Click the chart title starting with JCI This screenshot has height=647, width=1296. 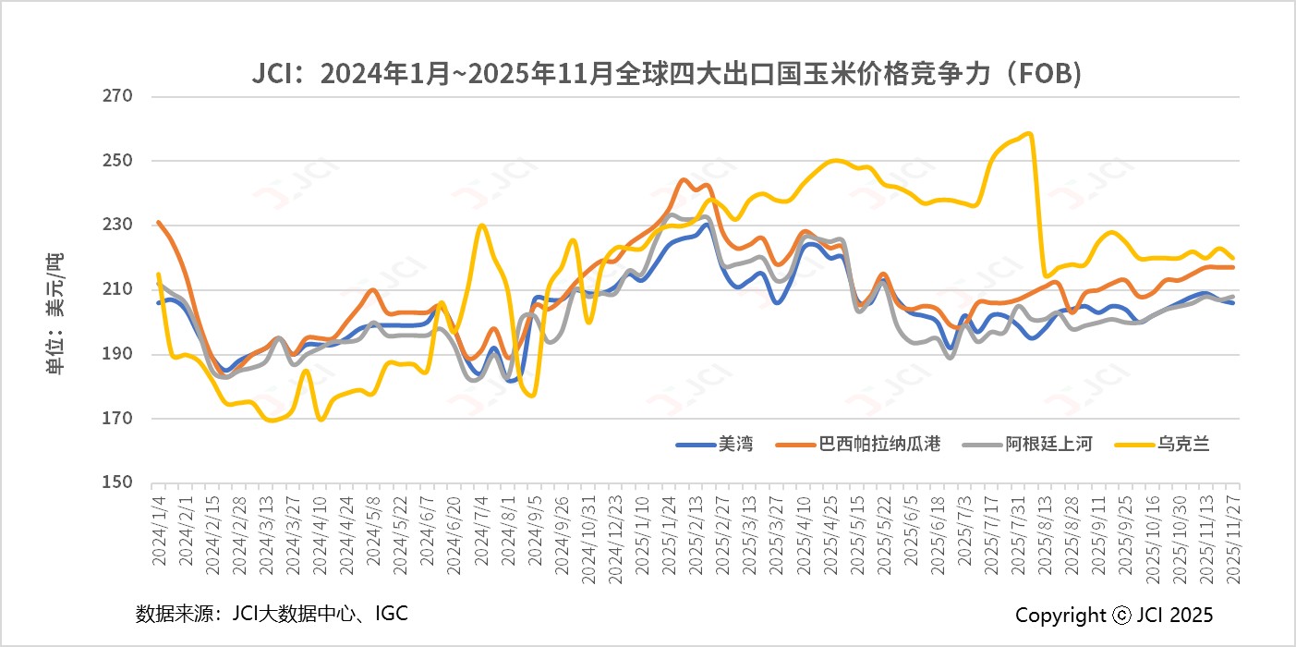tap(666, 75)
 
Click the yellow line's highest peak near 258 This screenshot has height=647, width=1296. tap(1029, 133)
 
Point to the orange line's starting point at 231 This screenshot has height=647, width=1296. tap(159, 222)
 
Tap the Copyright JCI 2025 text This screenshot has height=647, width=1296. tap(1114, 615)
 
